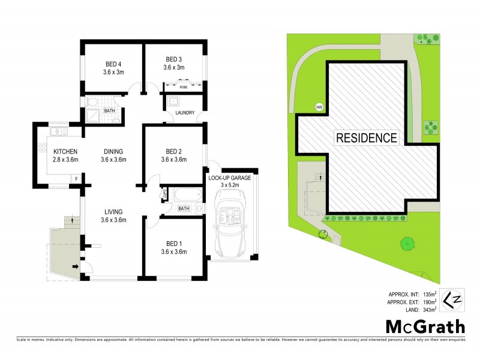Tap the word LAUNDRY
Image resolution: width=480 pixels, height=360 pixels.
click(x=184, y=113)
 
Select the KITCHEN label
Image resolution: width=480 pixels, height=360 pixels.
click(x=64, y=151)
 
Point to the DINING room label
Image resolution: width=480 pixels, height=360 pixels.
click(x=113, y=151)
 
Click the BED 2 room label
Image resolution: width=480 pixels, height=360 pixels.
click(x=173, y=151)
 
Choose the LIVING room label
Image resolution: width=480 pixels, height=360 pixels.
click(x=113, y=212)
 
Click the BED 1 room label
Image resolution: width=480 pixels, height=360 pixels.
click(x=173, y=243)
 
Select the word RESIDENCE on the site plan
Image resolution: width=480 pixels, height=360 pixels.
click(x=366, y=138)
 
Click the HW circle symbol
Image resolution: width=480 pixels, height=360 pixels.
click(x=319, y=107)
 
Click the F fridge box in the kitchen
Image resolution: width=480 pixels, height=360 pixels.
click(x=76, y=178)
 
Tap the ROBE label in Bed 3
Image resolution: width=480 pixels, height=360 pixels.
click(x=184, y=86)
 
